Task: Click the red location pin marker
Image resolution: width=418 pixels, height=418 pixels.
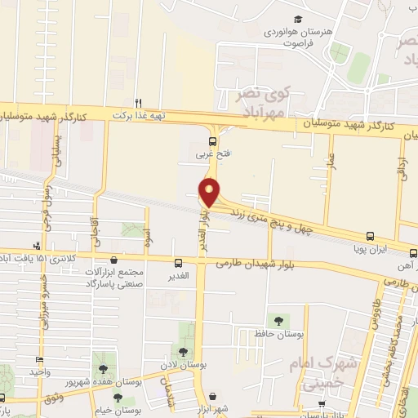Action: (211, 191)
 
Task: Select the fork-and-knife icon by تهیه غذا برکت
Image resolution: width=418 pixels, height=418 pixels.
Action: (139, 104)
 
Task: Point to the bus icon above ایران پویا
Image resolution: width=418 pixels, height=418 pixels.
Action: (370, 235)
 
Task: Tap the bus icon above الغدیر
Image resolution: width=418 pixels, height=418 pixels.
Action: (178, 263)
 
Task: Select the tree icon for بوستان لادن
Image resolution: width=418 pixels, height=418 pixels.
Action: (190, 350)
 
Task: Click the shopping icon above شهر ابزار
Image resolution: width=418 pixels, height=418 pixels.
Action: (213, 397)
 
